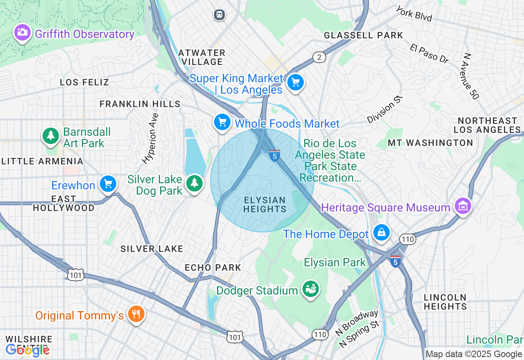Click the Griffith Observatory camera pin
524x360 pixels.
pos(22,32)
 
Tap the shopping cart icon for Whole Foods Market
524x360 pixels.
pos(222,122)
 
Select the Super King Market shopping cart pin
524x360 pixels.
pos(295,83)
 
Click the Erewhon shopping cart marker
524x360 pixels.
pos(108,184)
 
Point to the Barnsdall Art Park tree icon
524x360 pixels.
pos(51,135)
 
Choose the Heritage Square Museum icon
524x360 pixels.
pos(463,206)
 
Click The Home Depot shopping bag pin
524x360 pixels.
pos(382,232)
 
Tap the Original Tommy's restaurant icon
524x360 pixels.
pos(136,314)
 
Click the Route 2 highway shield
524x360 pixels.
pos(319,57)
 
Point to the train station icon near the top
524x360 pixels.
pos(220,15)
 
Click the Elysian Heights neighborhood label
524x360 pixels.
pos(264,205)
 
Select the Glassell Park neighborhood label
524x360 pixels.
pos(364,36)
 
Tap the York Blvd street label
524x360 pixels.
pos(414,13)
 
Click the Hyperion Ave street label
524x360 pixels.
pos(150,138)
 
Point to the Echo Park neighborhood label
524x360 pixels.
pos(213,268)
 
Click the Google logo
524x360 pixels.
pos(27,350)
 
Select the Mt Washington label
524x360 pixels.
pos(430,143)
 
